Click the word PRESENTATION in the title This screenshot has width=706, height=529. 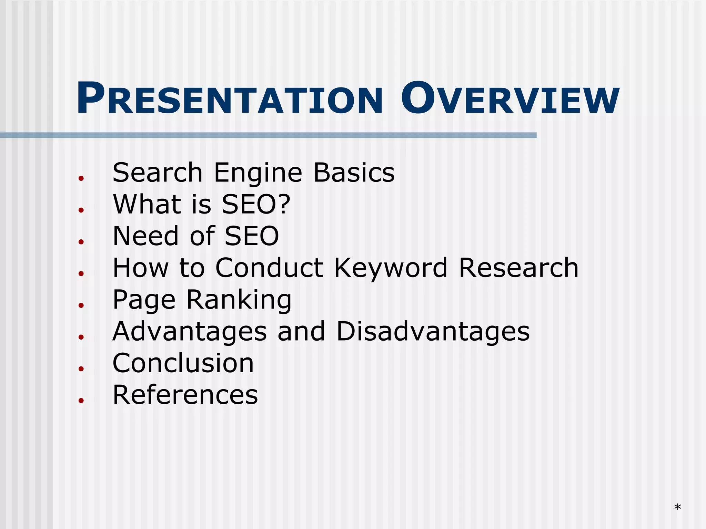tap(229, 99)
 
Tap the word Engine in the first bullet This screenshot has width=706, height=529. tap(258, 173)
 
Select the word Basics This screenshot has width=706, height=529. tap(354, 173)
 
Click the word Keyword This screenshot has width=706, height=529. tap(391, 268)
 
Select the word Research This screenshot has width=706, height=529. tap(518, 268)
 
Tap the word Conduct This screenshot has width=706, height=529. tap(269, 268)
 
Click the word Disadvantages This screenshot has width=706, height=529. tap(433, 331)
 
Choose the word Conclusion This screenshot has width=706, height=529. tap(183, 363)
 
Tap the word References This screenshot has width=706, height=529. tap(185, 395)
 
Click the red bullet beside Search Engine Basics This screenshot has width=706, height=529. tap(81, 178)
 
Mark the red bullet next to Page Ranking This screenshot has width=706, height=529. tap(81, 305)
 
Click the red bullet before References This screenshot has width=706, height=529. tap(81, 400)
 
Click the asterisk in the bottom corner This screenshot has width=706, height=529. tap(677, 507)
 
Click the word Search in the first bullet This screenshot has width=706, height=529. tap(157, 173)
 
